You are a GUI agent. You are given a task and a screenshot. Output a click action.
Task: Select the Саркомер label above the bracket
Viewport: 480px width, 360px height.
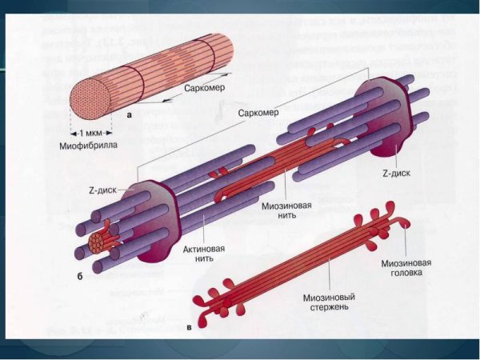258,114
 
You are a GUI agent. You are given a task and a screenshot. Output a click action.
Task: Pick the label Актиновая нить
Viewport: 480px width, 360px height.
203,255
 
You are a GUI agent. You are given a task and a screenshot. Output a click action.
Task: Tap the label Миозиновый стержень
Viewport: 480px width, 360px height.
330,302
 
